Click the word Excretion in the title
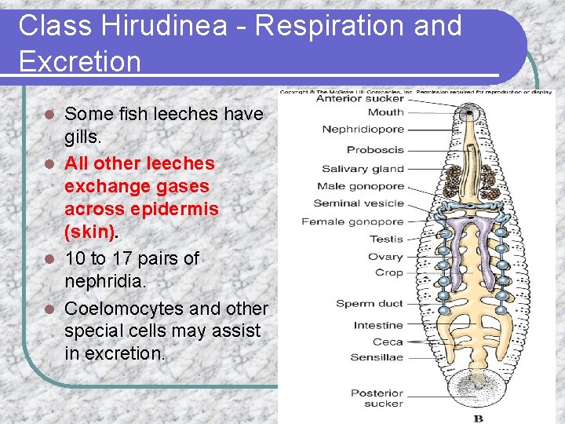pyautogui.click(x=79, y=60)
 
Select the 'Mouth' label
pyautogui.click(x=385, y=112)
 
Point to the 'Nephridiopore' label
pyautogui.click(x=363, y=129)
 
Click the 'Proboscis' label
pyautogui.click(x=375, y=150)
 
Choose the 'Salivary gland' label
pyautogui.click(x=363, y=169)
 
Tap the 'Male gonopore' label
pyautogui.click(x=360, y=186)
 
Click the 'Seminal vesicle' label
pyautogui.click(x=359, y=203)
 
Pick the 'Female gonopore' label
pyautogui.click(x=352, y=221)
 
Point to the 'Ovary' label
pyautogui.click(x=385, y=257)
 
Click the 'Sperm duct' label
pyautogui.click(x=370, y=304)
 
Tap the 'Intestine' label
pyautogui.click(x=378, y=325)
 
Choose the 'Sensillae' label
pyautogui.click(x=377, y=357)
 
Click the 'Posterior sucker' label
pyautogui.click(x=377, y=398)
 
